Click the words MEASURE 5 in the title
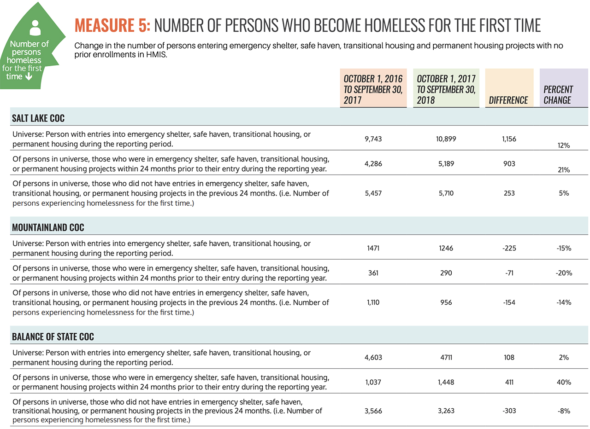[112, 26]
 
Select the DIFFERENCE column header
[508, 100]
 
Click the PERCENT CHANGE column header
[558, 95]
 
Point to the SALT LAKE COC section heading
[39, 118]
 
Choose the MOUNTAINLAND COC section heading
[48, 227]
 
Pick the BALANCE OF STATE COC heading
[53, 336]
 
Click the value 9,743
[373, 139]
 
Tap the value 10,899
[447, 139]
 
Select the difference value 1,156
[509, 139]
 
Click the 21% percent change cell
[563, 170]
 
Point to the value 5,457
[373, 193]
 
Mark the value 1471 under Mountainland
[373, 248]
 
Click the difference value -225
[509, 248]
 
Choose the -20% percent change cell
[563, 273]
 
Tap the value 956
[447, 302]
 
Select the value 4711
[447, 357]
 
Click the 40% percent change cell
[563, 382]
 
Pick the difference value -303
[509, 412]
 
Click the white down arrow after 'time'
[29, 76]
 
